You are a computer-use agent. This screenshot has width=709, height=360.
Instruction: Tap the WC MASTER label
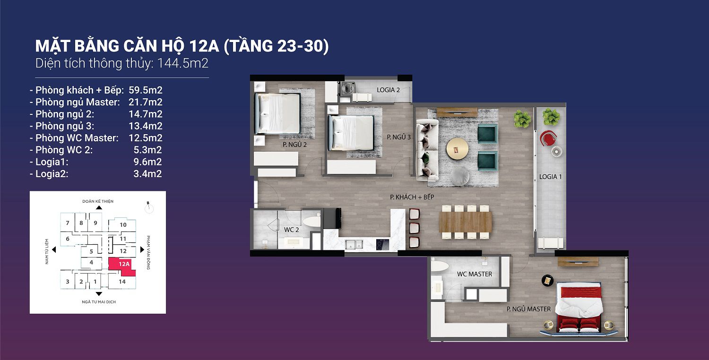474,274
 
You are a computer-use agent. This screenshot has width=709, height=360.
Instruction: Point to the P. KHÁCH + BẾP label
412,197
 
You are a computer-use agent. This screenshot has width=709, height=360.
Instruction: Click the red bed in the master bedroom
579,306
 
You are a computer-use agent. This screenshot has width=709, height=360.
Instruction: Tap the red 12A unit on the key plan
123,265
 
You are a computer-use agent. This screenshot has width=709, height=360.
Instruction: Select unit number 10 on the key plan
123,225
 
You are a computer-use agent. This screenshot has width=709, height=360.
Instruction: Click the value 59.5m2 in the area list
146,90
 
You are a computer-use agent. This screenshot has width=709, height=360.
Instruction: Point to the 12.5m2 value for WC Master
146,138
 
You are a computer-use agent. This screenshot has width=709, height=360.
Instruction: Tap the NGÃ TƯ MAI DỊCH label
98,301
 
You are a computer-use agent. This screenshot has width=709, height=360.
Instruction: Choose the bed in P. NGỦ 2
277,113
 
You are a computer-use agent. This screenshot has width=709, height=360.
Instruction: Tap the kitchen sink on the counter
354,244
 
